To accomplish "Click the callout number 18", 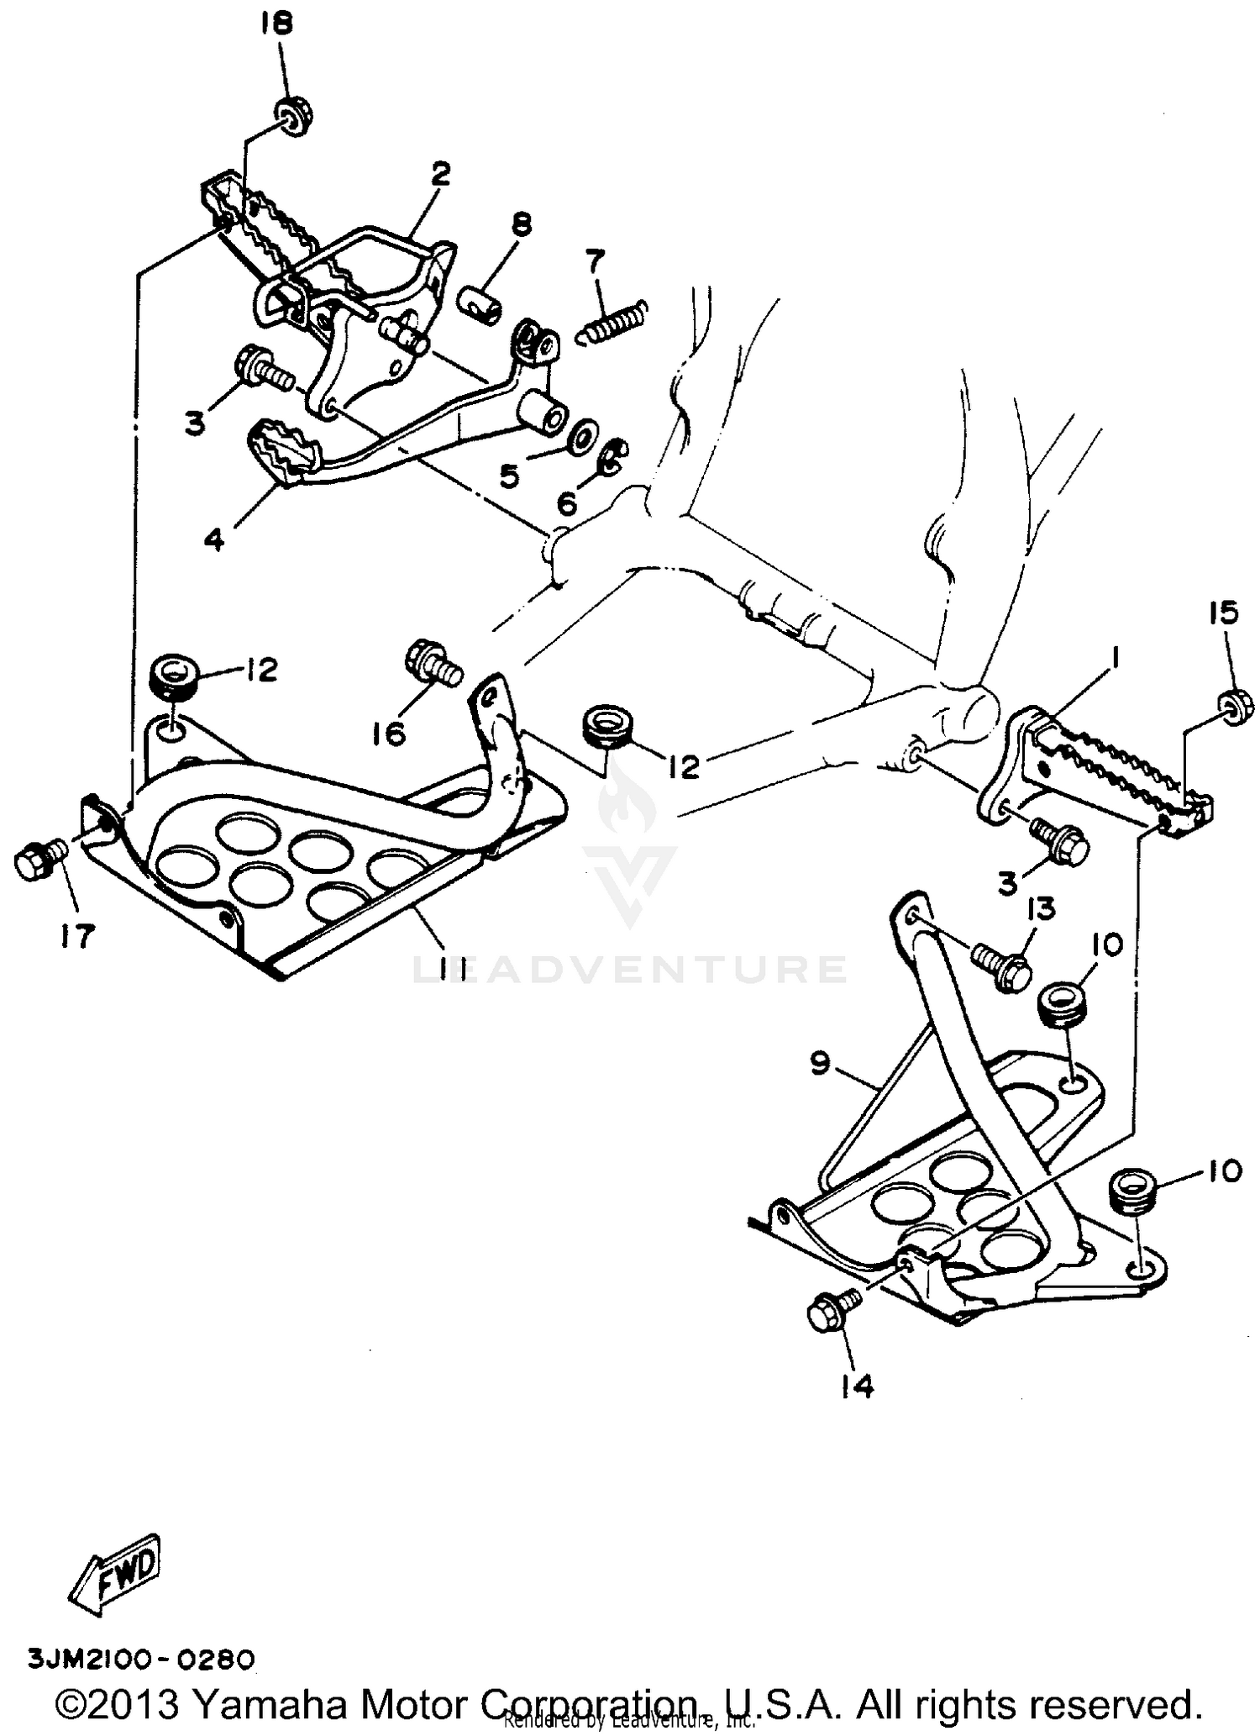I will point(277,25).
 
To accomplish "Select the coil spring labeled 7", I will point(612,323).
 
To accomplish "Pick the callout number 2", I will point(440,175).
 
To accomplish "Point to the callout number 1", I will point(1115,659).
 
